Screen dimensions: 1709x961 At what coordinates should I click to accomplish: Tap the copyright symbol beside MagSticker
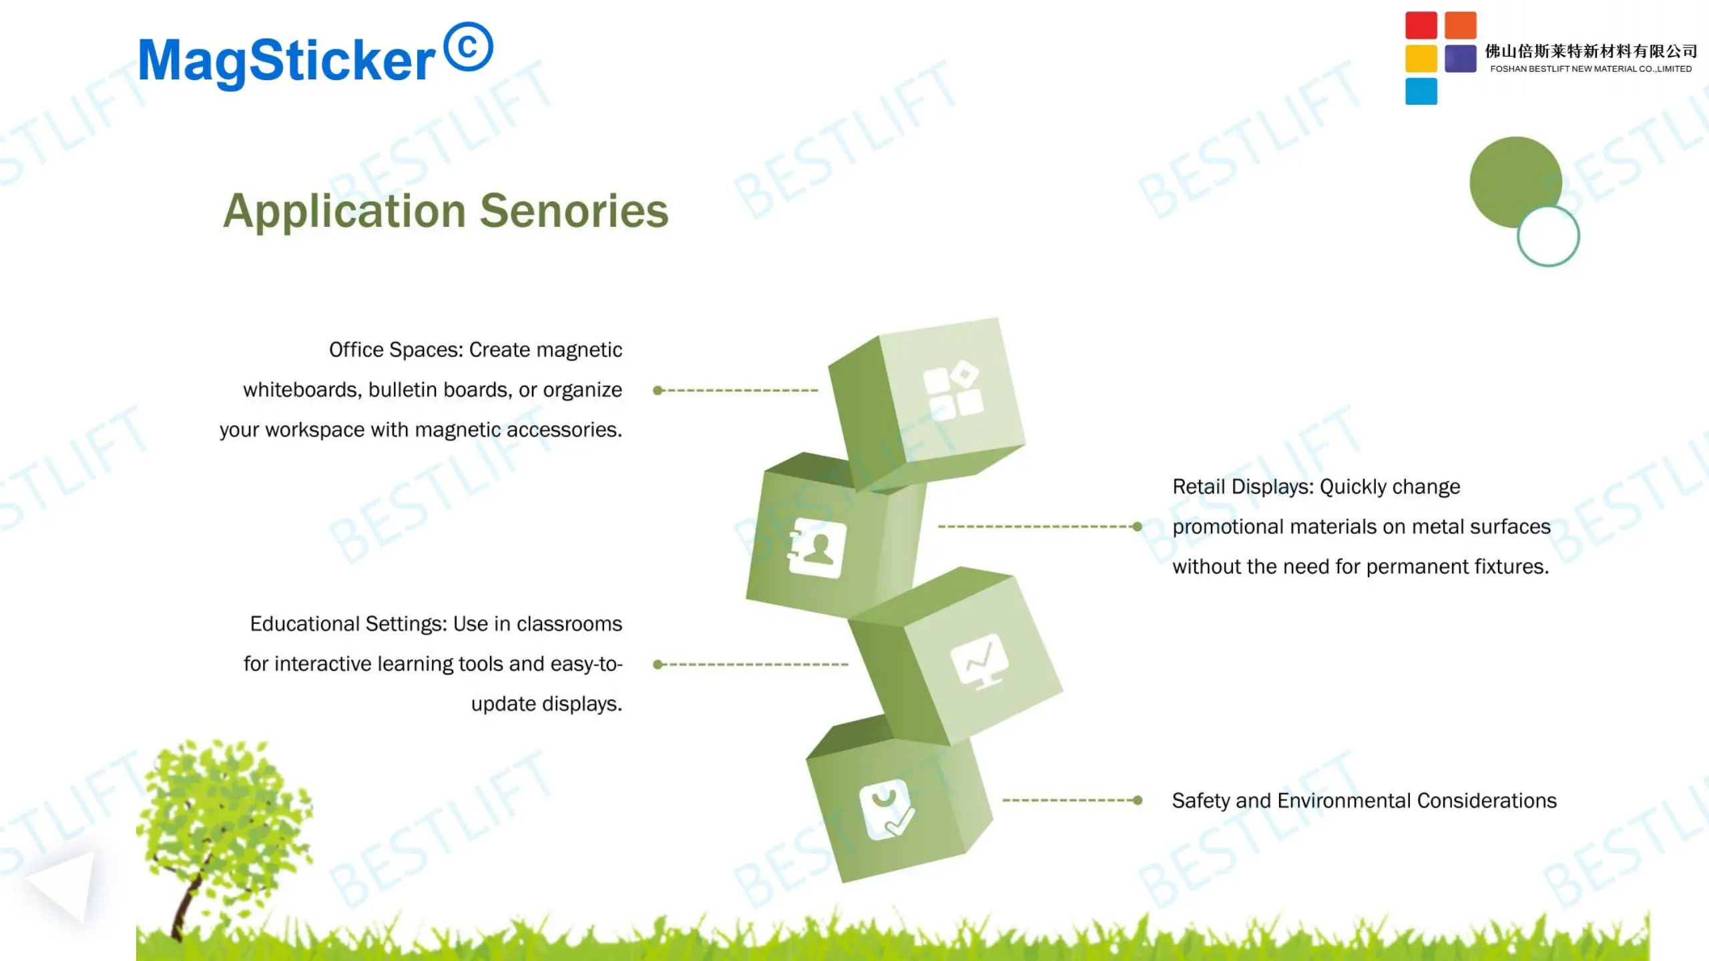coord(469,47)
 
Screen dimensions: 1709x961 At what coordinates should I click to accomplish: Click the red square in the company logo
coord(1421,25)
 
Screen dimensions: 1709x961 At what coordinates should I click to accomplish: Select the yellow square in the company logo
coord(1421,59)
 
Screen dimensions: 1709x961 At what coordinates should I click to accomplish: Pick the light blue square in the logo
coord(1421,91)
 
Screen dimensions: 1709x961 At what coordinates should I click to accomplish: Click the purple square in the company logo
coord(1461,59)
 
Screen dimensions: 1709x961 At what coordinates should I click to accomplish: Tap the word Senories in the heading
coord(574,211)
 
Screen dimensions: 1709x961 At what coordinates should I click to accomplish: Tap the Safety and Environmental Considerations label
coord(1365,801)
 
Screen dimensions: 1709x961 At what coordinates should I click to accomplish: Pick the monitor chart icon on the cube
coord(980,661)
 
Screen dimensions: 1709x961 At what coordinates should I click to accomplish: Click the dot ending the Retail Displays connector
coord(1137,527)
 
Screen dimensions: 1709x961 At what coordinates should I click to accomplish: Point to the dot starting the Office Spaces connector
coord(658,390)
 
